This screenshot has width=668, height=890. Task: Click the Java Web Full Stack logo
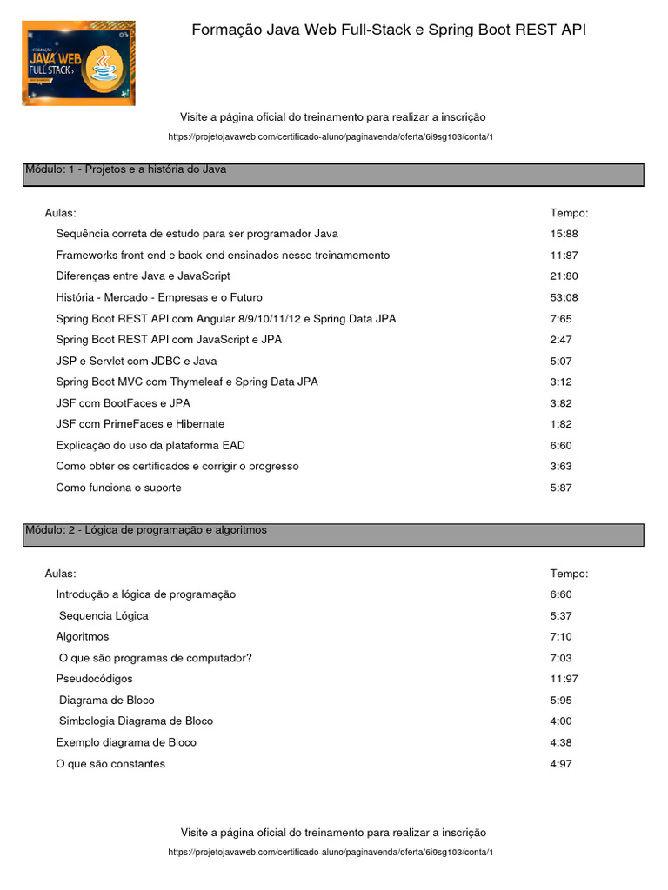click(x=78, y=63)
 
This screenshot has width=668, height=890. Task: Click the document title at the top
click(x=389, y=30)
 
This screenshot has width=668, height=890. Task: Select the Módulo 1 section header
click(x=333, y=175)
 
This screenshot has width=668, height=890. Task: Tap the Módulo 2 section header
click(x=333, y=535)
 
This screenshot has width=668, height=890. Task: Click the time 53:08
click(x=564, y=297)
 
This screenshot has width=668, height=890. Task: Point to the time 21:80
click(x=564, y=276)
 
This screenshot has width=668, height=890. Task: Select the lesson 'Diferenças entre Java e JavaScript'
click(x=143, y=276)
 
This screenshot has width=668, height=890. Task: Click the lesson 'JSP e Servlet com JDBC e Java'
click(x=137, y=361)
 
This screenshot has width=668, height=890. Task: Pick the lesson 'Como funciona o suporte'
click(x=118, y=488)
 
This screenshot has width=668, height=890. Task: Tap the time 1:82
click(x=561, y=424)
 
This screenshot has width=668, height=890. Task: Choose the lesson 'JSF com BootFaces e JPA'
click(x=123, y=403)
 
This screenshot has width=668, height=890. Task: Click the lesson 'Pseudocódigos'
click(x=94, y=679)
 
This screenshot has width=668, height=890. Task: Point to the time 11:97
click(x=564, y=679)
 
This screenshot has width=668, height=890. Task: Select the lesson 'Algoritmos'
click(x=83, y=637)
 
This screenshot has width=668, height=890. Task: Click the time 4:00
click(x=561, y=721)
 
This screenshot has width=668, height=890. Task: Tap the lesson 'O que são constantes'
click(x=110, y=764)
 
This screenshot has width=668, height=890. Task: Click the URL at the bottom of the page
click(x=333, y=853)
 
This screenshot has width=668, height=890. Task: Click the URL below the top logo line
click(x=333, y=137)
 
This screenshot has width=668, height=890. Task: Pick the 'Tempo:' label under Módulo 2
click(x=569, y=574)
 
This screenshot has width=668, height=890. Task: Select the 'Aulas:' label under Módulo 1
click(x=60, y=213)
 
